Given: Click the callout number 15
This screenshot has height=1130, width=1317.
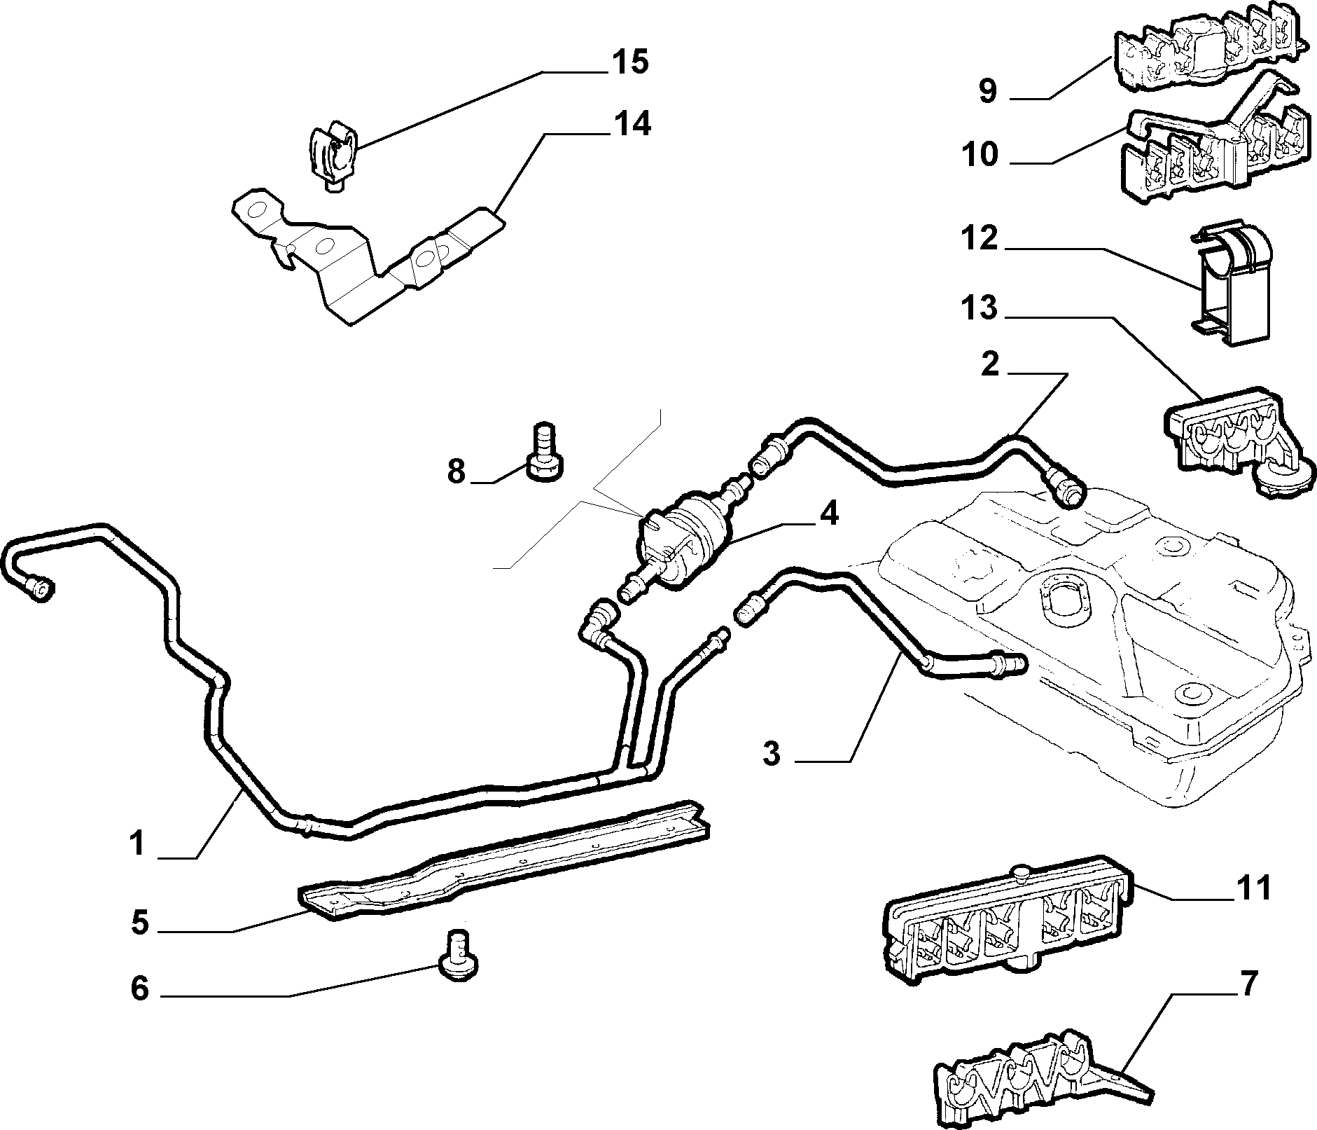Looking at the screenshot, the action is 629,62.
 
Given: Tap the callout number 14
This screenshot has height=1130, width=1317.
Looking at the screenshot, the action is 632,124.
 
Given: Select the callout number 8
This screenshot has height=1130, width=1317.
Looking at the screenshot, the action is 456,471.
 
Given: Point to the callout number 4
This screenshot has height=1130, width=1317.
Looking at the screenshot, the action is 828,514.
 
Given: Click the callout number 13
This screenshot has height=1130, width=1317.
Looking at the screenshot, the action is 979,308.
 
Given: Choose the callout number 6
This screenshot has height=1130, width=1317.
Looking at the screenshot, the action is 140,989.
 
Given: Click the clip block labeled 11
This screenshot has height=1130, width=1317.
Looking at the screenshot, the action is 1005,920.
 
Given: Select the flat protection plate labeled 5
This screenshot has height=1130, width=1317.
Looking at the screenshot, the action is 504,858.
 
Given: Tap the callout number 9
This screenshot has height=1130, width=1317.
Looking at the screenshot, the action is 987,91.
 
